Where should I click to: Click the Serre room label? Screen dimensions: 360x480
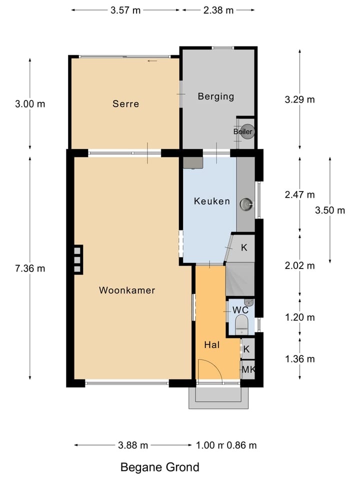tap(125, 104)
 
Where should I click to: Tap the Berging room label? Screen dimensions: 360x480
tap(216, 96)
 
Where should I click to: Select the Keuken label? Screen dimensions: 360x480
tap(212, 201)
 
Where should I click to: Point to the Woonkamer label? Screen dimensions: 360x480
tap(127, 290)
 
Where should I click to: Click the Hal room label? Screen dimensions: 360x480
tap(212, 345)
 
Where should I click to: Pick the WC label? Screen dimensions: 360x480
tap(240, 310)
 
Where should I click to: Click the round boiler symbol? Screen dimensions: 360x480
tap(247, 131)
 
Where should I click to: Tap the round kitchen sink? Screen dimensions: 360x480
tap(246, 204)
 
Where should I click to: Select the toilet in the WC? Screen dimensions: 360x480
tap(241, 325)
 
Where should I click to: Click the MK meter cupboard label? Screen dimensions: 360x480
tap(248, 370)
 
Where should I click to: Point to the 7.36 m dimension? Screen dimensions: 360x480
tap(30, 268)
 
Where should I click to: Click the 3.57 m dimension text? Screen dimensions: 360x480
tap(125, 10)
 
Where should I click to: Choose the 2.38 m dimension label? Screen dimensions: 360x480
tap(218, 10)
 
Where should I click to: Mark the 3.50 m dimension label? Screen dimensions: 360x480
tap(330, 210)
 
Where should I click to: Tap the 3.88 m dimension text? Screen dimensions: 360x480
tap(133, 445)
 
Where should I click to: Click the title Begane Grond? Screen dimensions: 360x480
tap(160, 467)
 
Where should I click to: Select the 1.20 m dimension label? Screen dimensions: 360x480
tap(299, 317)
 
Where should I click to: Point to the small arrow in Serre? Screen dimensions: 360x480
tap(152, 61)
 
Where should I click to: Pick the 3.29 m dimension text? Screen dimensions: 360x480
tap(299, 99)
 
